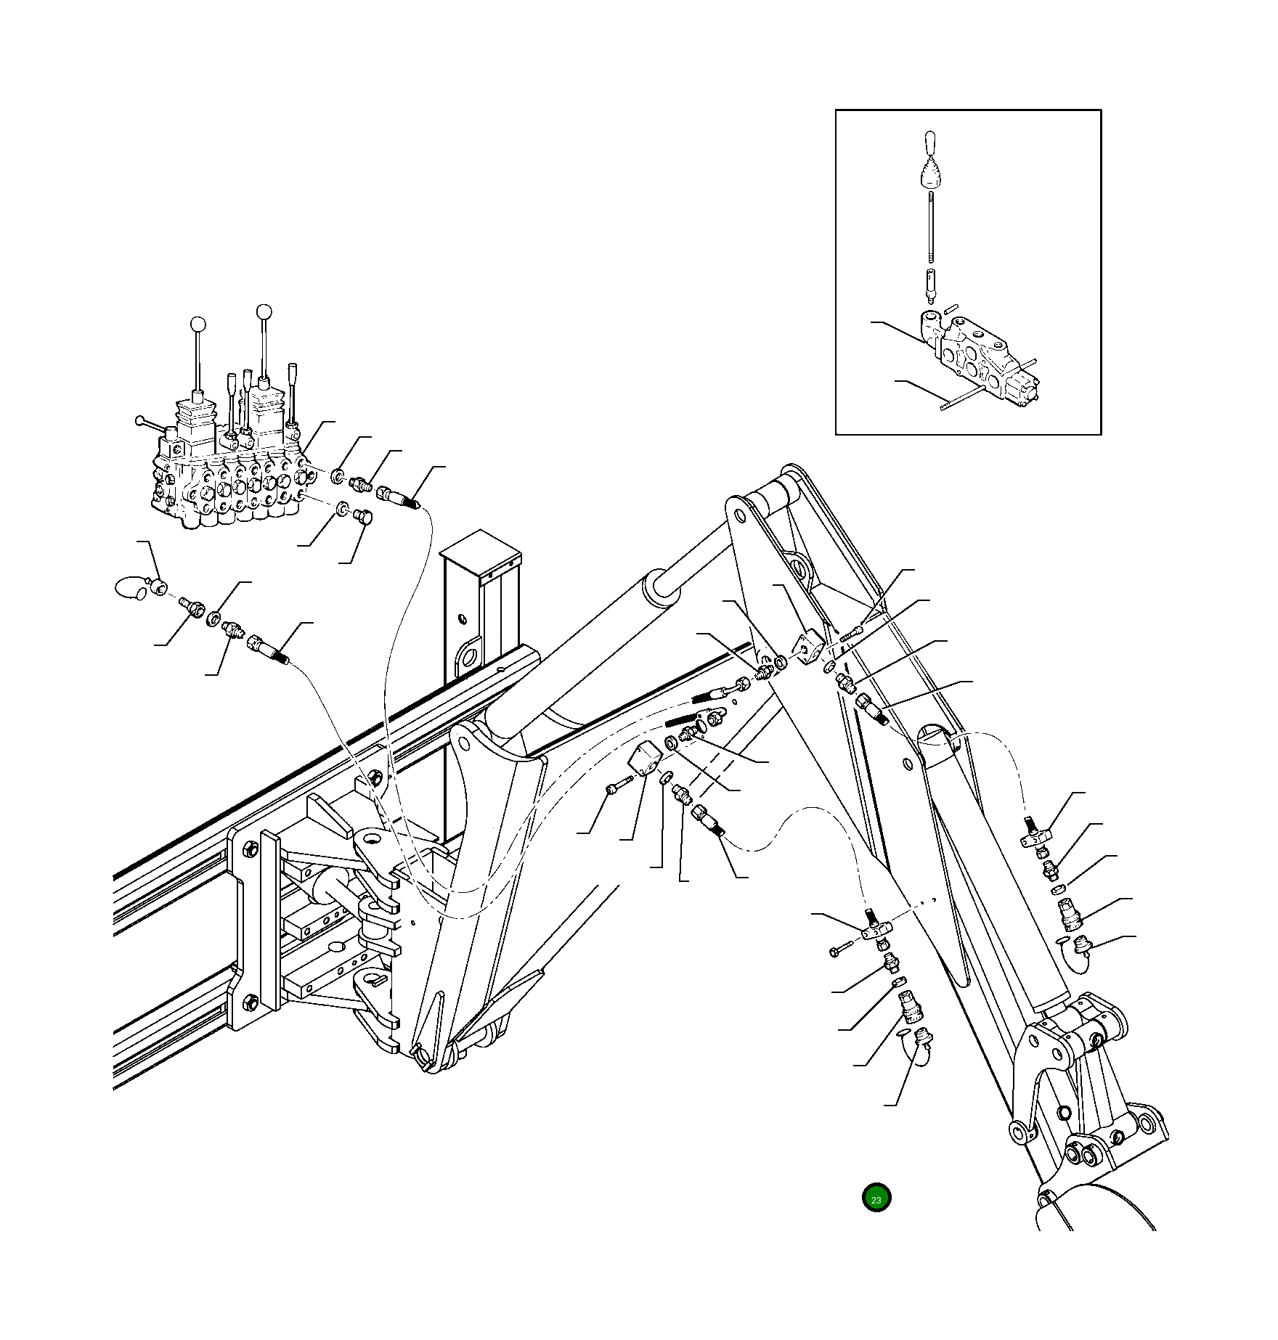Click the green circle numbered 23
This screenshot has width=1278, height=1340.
[x=876, y=1198]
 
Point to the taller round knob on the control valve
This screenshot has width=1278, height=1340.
[x=264, y=312]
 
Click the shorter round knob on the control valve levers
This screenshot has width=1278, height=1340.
[x=197, y=324]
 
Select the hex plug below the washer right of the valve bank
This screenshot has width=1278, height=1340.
[x=363, y=517]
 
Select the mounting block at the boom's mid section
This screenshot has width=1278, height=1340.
[x=645, y=763]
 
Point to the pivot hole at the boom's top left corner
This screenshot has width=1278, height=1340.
[x=739, y=516]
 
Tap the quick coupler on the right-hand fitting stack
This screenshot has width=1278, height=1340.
[x=1070, y=914]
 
